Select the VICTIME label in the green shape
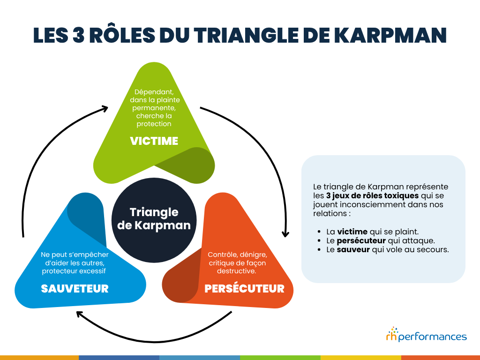tap(154, 141)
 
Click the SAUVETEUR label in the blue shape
tap(75, 288)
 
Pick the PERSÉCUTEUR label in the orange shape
tap(244, 288)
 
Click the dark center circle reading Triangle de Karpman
tap(154, 218)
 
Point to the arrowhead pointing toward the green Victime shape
tap(104, 108)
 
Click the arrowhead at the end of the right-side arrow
tap(285, 233)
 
